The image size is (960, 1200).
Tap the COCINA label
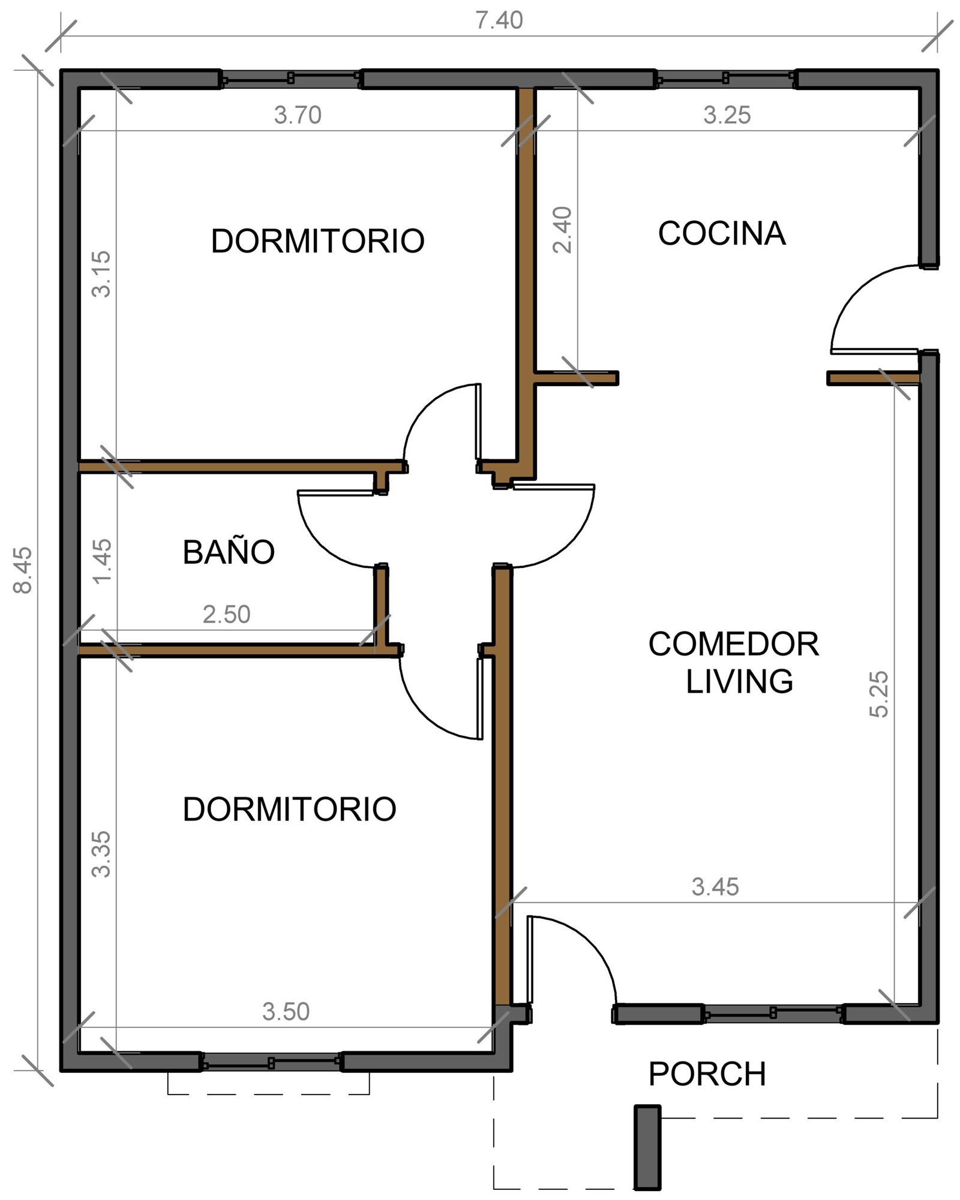pos(722,233)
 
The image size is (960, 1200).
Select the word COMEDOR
pos(734,644)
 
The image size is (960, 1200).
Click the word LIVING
pos(739,681)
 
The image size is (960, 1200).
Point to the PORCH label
pos(707,1073)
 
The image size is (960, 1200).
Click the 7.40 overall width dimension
pos(499,20)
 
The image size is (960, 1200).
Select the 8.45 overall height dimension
pos(23,570)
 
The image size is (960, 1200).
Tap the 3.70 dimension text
pos(298,115)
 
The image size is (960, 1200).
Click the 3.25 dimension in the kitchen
pos(727,115)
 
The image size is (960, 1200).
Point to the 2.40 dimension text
pos(562,230)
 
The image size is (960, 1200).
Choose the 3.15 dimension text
pos(101,274)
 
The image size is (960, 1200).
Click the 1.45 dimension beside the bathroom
pos(102,561)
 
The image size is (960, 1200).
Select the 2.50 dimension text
pos(226,615)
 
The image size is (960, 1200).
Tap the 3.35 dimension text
pos(101,854)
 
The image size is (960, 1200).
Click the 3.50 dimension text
pos(286,1012)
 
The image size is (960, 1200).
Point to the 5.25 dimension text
pos(878,694)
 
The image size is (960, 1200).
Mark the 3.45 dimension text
pos(715,887)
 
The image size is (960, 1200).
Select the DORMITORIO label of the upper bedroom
pos(318,241)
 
